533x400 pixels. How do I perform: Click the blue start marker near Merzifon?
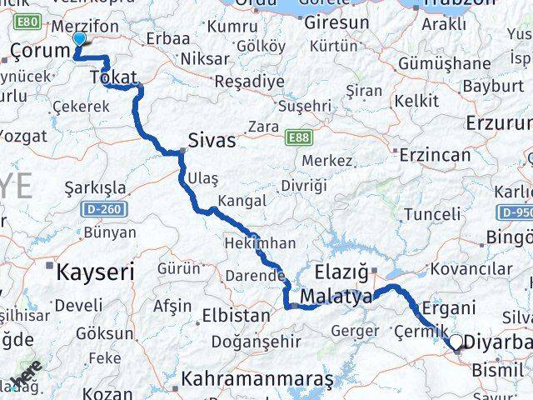79,38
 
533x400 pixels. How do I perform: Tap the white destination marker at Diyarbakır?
456,342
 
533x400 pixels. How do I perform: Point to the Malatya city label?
336,296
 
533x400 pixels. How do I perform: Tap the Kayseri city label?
95,271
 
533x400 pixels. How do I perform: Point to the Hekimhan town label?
260,243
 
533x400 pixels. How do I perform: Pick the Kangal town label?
242,201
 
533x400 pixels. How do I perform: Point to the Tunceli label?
431,214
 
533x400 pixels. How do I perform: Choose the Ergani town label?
448,307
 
